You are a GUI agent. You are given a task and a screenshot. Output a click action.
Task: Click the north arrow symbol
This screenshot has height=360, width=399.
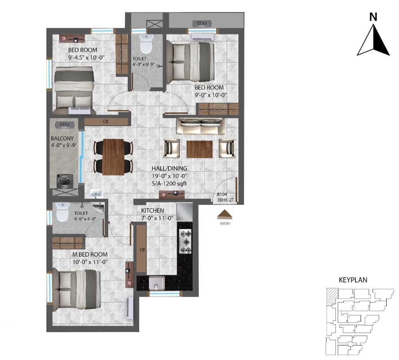[x=373, y=40]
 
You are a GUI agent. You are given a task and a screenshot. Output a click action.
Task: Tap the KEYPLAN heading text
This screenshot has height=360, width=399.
[x=353, y=280]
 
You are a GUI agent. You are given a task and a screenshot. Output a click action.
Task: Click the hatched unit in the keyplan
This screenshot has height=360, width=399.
[x=332, y=297]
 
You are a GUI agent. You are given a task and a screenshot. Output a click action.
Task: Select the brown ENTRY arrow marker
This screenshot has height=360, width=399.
[x=225, y=214]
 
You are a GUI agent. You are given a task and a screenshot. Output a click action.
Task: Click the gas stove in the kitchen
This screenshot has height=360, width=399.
[x=185, y=241]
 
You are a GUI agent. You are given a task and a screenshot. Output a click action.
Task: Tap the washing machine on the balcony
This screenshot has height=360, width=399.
[x=65, y=181]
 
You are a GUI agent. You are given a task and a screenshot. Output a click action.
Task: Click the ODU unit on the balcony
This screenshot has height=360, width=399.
[x=65, y=125]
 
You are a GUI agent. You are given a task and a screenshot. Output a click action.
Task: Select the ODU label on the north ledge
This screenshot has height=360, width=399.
[x=201, y=23]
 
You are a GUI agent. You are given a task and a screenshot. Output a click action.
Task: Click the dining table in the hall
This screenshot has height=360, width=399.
[x=114, y=157]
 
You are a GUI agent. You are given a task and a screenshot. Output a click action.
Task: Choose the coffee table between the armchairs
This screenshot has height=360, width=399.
[x=200, y=149]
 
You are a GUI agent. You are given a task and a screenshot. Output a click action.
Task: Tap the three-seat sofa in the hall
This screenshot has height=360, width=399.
[x=201, y=126]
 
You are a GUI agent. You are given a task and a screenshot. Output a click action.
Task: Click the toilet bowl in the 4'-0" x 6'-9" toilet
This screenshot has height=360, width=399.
[x=146, y=43]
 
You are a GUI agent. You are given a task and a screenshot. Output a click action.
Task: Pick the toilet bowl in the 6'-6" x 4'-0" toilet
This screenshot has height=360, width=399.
[x=62, y=212]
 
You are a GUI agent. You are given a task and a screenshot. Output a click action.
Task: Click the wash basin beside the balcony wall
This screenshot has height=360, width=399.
[x=96, y=193]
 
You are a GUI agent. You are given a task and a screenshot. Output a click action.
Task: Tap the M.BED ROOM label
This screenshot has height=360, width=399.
[x=90, y=254]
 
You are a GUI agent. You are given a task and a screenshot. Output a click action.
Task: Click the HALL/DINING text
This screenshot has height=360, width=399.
[x=169, y=169]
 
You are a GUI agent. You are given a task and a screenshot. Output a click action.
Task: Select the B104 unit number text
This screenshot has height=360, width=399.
[x=222, y=194]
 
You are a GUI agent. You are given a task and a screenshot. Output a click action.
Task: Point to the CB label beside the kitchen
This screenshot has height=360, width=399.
[x=142, y=250]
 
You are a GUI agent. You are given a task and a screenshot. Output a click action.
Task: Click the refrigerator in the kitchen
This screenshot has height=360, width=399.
[x=184, y=212]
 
